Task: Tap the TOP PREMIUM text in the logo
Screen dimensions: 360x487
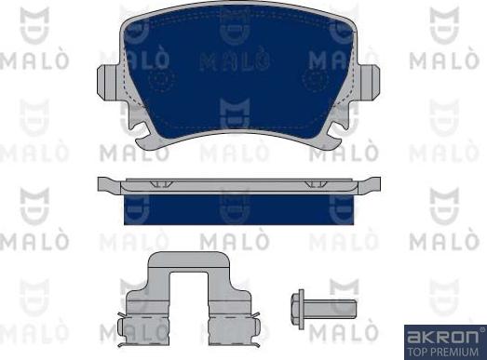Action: [444, 351]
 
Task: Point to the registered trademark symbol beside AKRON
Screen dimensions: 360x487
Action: [480, 328]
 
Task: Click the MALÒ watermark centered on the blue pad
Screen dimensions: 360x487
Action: [237, 62]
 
